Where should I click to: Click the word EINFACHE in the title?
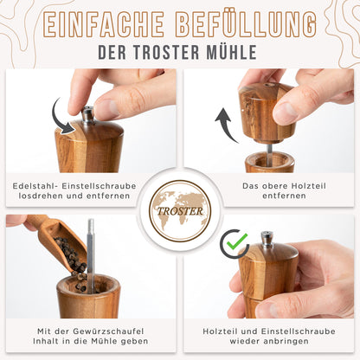click(x=103, y=25)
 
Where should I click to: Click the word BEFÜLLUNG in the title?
click(x=246, y=24)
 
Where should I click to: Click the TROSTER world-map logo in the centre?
click(x=180, y=211)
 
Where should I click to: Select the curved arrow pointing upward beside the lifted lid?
click(x=226, y=125)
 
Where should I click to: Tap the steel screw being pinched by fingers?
click(x=88, y=115)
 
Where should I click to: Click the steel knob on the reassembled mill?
click(x=267, y=240)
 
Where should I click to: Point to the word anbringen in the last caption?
click(x=284, y=341)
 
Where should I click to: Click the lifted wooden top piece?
click(x=267, y=112)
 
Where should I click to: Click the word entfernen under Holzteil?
click(x=284, y=196)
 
